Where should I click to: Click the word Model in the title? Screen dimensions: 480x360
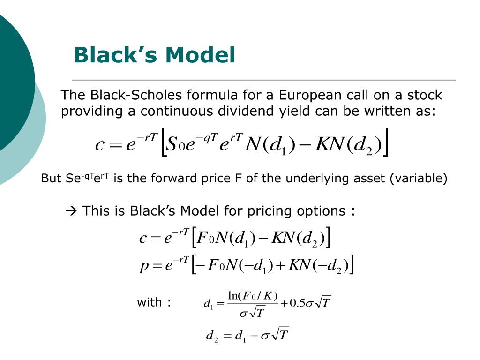point(200,55)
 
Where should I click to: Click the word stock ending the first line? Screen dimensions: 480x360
point(425,96)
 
